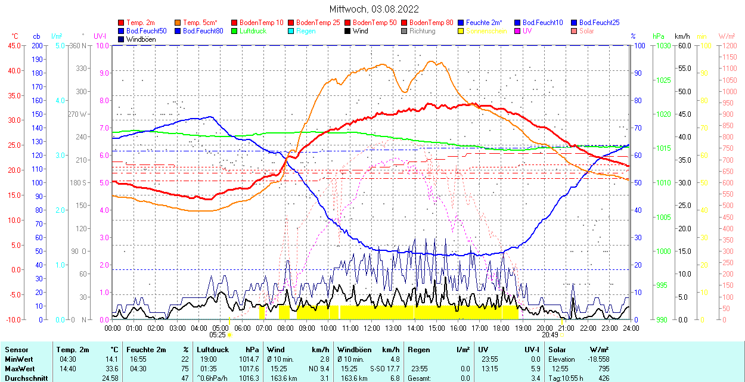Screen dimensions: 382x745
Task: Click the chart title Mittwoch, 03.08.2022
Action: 374,9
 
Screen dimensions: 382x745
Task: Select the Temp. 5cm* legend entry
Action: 200,23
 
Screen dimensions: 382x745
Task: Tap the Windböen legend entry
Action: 141,39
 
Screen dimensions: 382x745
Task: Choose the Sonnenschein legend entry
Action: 486,31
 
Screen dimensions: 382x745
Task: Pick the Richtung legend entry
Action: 423,31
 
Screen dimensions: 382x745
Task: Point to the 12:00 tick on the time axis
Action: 371,328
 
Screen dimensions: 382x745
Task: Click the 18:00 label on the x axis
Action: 501,328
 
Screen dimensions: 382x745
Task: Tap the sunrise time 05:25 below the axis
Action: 218,335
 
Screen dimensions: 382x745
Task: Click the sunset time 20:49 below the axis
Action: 550,335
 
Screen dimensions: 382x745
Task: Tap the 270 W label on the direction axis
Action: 77,114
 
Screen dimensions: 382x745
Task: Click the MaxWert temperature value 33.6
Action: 112,369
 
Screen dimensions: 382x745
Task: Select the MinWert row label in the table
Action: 18,359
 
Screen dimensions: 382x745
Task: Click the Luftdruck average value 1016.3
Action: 250,378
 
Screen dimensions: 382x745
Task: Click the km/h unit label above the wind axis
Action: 682,36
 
